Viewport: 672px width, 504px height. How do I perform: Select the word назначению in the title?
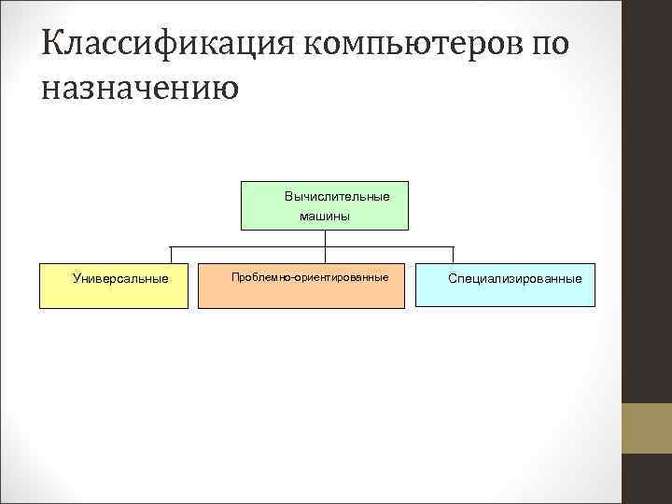(x=140, y=90)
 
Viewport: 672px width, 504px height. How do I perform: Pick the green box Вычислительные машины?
(x=325, y=205)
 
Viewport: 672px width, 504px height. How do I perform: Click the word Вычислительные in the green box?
(x=337, y=197)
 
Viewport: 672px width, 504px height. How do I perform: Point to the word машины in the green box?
(x=325, y=217)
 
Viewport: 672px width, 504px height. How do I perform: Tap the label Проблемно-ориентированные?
(x=310, y=278)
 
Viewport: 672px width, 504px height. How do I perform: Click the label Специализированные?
(x=514, y=278)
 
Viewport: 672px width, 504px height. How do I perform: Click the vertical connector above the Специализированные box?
(x=453, y=255)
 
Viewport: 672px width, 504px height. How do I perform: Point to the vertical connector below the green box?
(x=325, y=238)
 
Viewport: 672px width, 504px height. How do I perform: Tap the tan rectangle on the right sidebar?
(x=646, y=428)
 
